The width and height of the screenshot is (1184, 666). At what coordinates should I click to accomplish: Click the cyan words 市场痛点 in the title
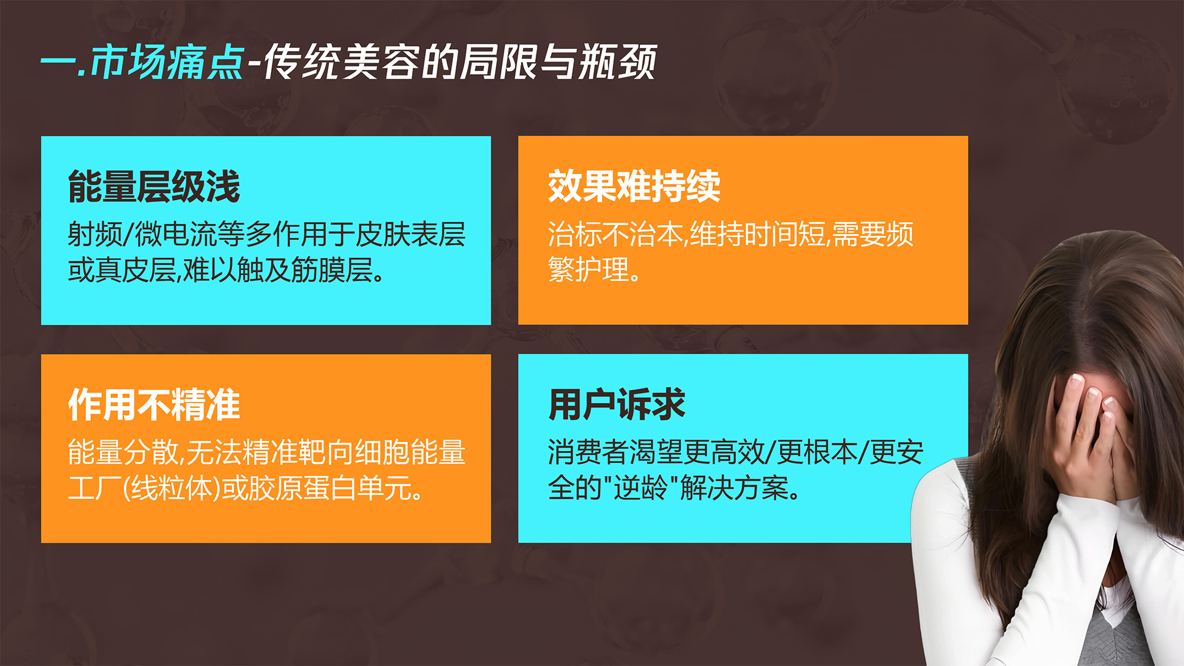coord(167,62)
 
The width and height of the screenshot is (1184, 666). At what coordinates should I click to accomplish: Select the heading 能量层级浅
coord(154,186)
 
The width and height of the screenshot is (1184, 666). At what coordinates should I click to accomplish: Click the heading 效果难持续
coord(634,186)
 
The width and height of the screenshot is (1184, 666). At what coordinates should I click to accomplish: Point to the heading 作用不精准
coord(154,405)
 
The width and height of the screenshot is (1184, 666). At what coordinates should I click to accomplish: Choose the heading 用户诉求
coord(617,405)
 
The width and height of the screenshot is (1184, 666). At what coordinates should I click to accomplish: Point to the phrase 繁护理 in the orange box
coord(588,270)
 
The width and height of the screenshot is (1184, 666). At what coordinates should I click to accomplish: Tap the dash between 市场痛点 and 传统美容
coord(255,63)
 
